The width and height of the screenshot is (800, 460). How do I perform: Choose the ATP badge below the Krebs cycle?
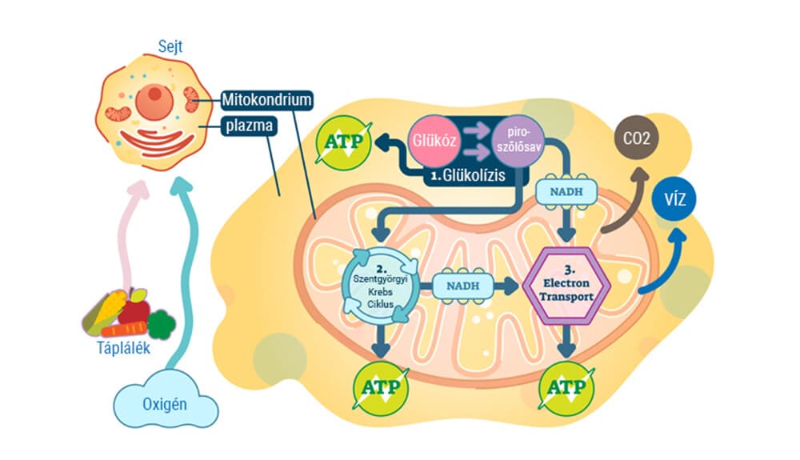pos(380,386)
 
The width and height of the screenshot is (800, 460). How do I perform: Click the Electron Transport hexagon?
pos(567,286)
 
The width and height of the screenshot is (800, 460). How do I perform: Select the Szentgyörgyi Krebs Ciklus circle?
pos(380,285)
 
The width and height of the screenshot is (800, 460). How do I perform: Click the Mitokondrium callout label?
pos(266,100)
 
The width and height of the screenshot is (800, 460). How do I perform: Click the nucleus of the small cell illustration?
pos(151,102)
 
